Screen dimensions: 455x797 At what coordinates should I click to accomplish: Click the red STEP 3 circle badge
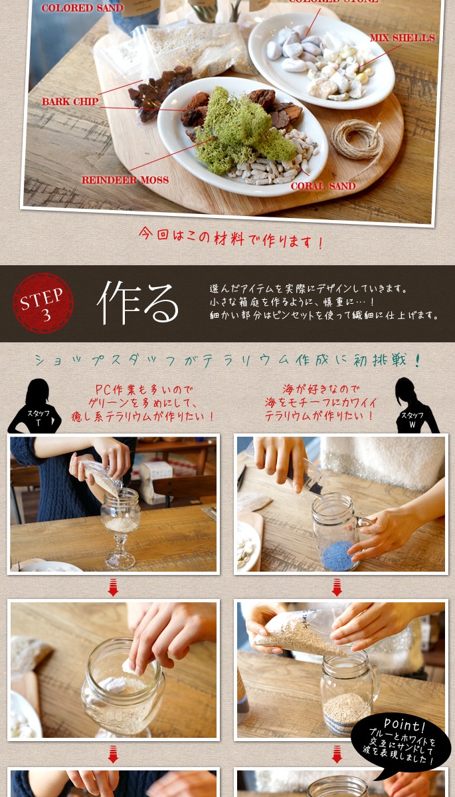43,303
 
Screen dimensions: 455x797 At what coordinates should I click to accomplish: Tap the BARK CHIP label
70,102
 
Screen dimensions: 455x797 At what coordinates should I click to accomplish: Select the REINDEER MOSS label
125,180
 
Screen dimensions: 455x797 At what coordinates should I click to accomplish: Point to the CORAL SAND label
323,186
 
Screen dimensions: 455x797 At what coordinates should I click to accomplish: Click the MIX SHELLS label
402,38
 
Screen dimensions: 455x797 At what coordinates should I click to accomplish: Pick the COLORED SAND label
74,7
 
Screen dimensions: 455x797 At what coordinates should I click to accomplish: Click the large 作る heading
137,303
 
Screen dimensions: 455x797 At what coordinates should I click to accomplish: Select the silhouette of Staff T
35,406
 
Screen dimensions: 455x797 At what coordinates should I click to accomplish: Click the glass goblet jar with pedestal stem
120,528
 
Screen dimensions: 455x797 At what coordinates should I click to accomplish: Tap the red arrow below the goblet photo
113,588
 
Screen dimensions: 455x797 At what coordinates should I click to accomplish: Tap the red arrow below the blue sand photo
337,588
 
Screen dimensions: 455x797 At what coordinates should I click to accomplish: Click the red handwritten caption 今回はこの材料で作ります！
231,237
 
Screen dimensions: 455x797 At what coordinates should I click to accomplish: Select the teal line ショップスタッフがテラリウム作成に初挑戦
228,360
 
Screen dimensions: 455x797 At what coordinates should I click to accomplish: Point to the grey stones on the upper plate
294,49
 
